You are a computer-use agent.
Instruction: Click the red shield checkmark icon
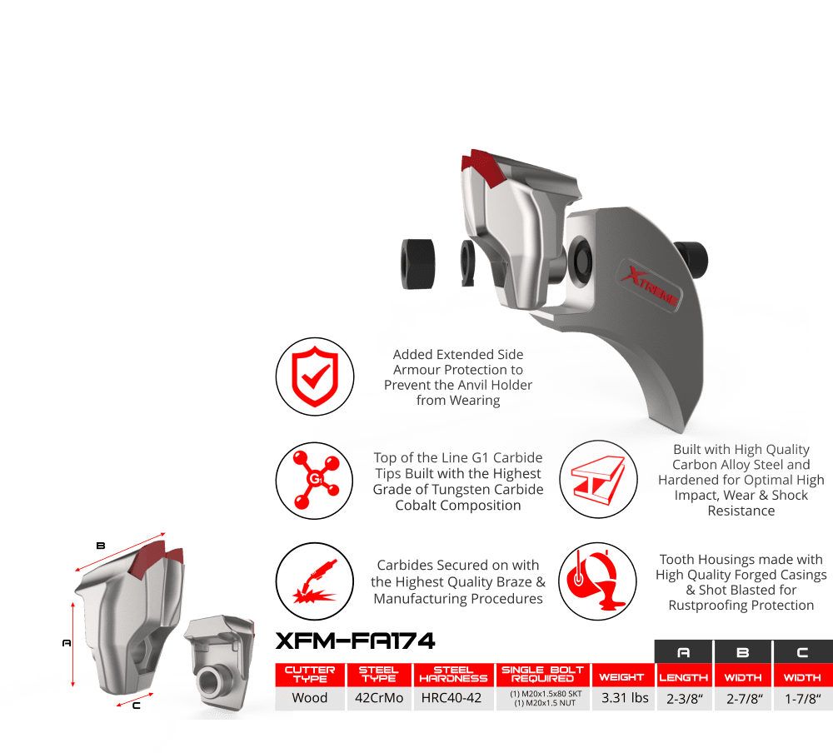click(x=309, y=376)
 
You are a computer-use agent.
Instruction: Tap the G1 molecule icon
click(x=309, y=481)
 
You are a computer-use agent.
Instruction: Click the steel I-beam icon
click(x=592, y=481)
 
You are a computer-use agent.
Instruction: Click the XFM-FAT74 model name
click(x=355, y=641)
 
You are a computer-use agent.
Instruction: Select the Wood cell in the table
click(x=309, y=698)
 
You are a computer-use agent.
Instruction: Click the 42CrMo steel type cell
click(x=381, y=698)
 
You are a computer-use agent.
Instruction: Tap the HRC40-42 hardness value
click(x=454, y=698)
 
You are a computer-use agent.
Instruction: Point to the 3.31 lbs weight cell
click(x=625, y=698)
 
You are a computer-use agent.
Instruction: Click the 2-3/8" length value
click(x=683, y=698)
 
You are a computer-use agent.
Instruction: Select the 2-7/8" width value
click(x=742, y=698)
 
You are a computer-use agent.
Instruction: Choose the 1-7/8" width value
click(x=801, y=698)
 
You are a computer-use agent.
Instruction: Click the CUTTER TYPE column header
click(x=309, y=673)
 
